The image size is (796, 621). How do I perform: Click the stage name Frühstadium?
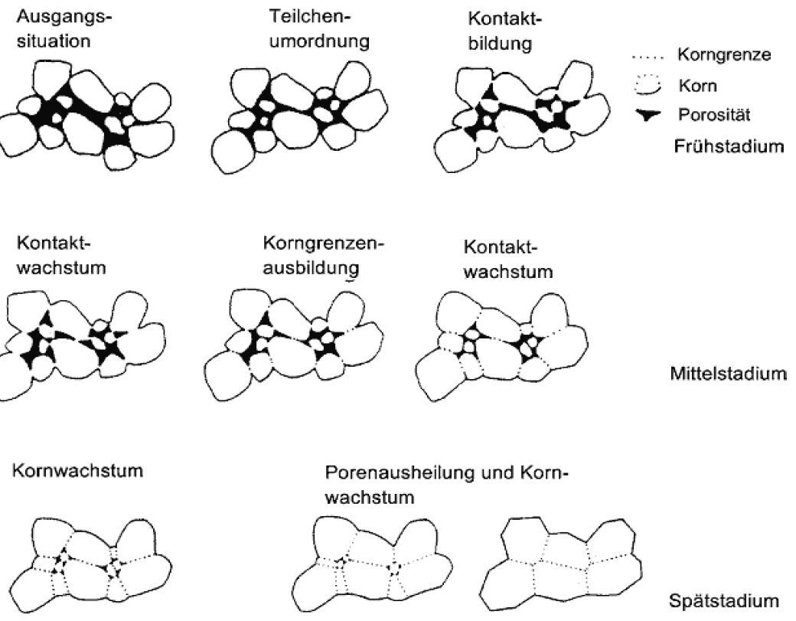pos(727,145)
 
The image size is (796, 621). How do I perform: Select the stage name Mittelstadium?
pos(728,374)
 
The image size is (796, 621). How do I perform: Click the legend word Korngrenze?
pos(724,55)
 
